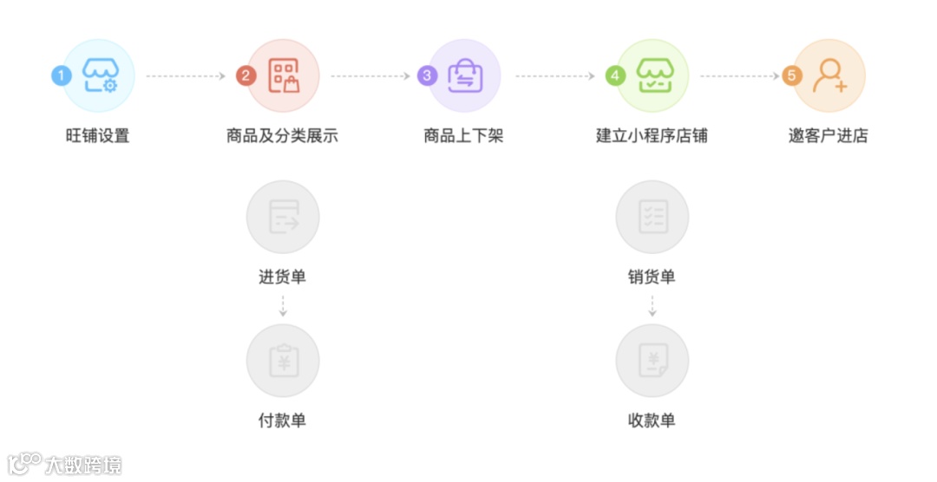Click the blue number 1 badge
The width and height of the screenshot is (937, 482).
60,75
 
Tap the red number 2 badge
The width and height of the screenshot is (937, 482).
246,75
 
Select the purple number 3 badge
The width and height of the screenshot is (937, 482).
426,75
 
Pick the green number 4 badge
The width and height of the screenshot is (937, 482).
615,75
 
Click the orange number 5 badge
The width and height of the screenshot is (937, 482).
790,75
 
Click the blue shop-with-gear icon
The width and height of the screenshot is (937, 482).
101,75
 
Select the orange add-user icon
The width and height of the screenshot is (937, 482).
829,75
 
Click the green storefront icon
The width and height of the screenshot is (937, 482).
652,75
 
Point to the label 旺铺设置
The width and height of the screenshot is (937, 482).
97,136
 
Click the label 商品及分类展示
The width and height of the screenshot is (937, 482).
282,136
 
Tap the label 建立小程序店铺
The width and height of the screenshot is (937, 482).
652,136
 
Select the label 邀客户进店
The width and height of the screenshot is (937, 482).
828,136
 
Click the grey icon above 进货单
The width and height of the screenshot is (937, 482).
283,217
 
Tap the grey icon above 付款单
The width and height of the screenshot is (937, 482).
283,361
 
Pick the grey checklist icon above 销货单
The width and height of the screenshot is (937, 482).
652,217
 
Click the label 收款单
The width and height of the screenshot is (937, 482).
652,420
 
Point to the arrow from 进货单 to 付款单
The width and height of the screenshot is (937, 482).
283,305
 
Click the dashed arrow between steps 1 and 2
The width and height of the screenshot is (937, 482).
186,76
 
